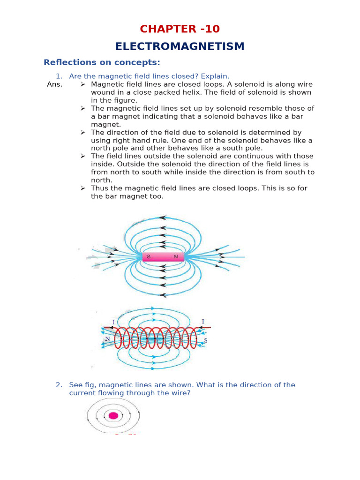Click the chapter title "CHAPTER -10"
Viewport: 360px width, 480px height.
point(180,29)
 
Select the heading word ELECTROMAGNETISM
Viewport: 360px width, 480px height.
point(180,46)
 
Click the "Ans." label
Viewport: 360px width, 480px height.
point(54,84)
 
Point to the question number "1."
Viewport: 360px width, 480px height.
point(59,76)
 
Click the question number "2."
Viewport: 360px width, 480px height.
point(59,385)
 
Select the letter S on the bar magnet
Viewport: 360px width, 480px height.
point(149,257)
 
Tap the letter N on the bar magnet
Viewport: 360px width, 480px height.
point(176,257)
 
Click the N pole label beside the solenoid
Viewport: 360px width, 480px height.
point(107,339)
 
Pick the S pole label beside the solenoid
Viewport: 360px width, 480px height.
point(205,340)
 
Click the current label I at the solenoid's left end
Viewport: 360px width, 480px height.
point(113,322)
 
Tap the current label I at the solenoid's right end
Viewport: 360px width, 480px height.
point(202,321)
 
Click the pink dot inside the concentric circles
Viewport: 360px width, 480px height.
point(113,415)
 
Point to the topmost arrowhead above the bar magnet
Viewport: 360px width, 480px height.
point(163,217)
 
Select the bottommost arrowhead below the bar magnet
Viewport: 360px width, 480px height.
point(163,295)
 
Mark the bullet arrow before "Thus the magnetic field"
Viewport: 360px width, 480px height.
point(82,188)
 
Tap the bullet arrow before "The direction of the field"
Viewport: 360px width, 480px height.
point(82,132)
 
